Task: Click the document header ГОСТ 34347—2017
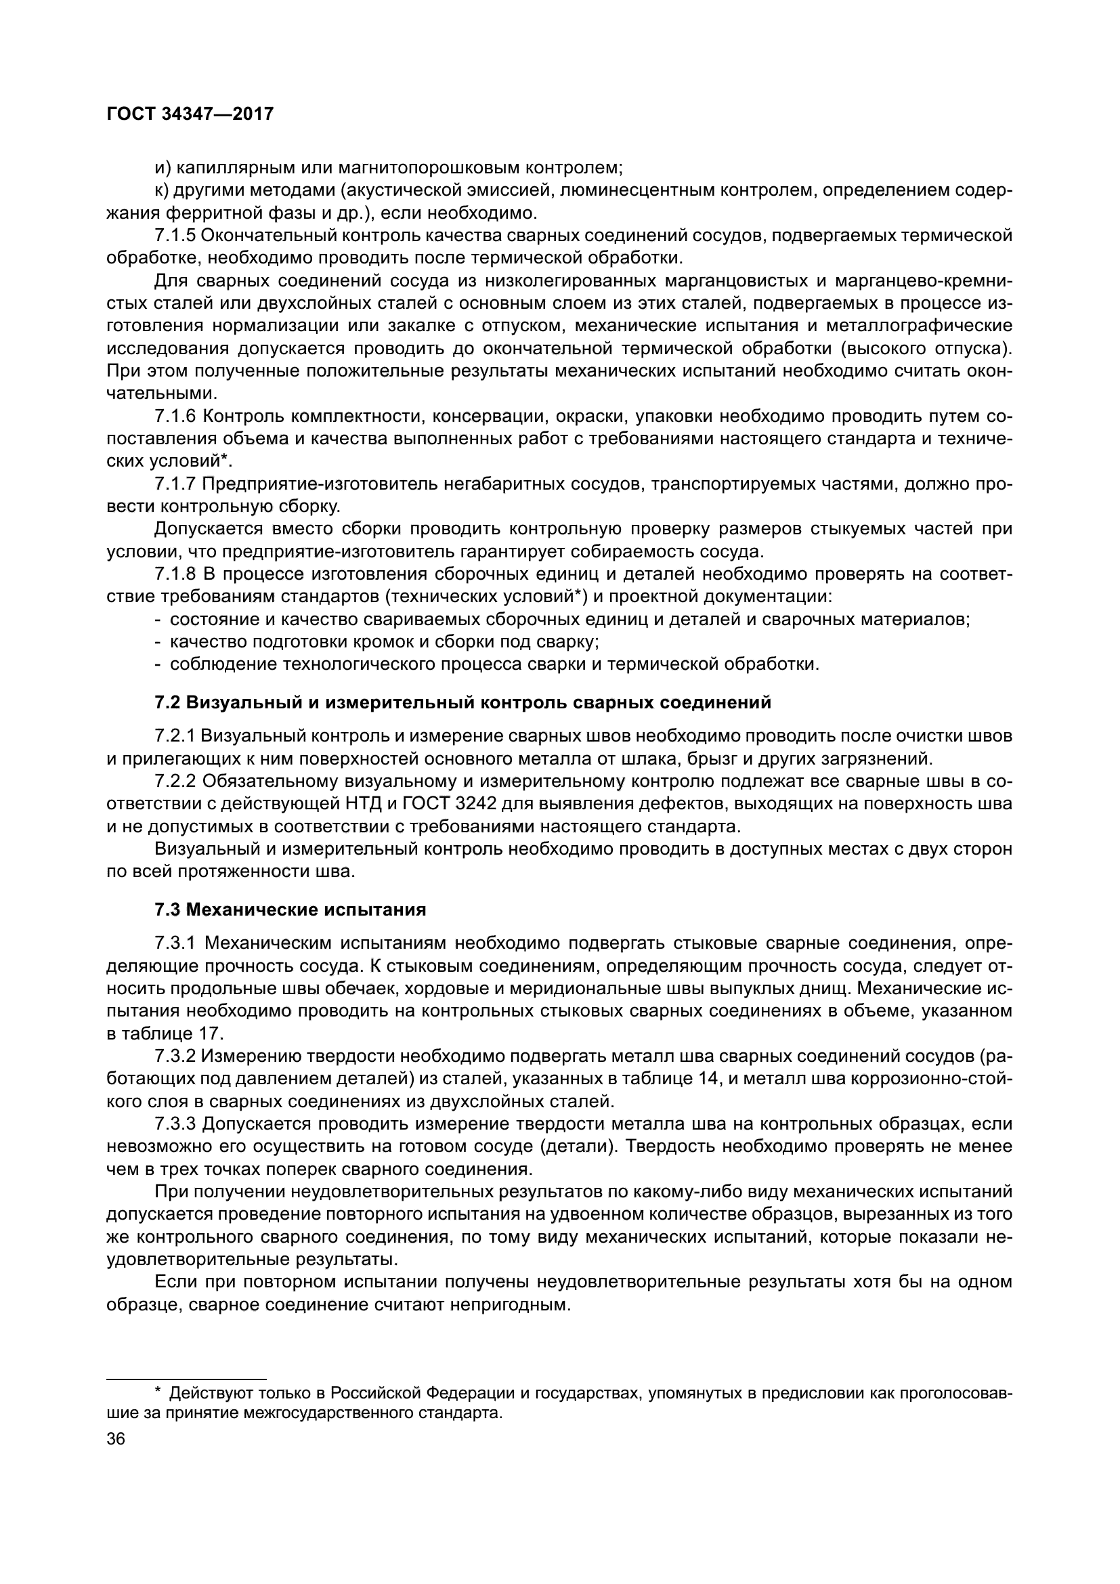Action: point(190,114)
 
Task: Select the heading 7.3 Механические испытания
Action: point(290,910)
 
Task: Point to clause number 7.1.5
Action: point(175,236)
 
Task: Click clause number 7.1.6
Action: point(175,416)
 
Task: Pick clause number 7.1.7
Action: point(175,484)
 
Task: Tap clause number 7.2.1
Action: point(175,736)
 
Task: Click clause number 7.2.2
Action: point(175,782)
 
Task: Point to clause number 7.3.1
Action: point(175,943)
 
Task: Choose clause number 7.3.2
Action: point(175,1056)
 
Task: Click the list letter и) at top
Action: point(163,168)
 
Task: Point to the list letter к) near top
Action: point(163,190)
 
